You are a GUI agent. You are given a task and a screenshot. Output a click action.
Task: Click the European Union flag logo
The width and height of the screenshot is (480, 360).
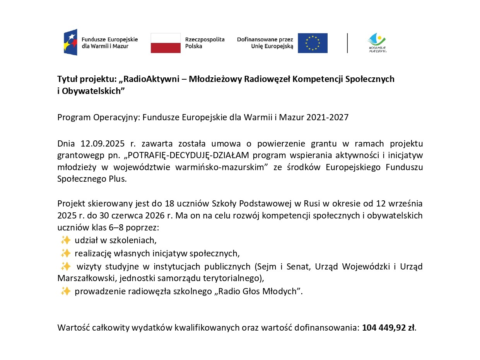pyautogui.click(x=313, y=43)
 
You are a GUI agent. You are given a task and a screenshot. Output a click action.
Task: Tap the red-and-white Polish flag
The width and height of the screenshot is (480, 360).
pyautogui.click(x=166, y=43)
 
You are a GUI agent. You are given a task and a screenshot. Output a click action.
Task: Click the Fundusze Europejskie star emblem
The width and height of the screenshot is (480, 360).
pyautogui.click(x=70, y=42)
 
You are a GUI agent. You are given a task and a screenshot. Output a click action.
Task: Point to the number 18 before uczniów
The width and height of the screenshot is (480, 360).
pyautogui.click(x=169, y=203)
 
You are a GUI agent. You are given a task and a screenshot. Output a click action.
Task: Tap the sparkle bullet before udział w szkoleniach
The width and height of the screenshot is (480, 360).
pyautogui.click(x=65, y=240)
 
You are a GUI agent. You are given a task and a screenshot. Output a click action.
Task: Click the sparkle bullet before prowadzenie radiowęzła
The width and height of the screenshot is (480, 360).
pyautogui.click(x=65, y=291)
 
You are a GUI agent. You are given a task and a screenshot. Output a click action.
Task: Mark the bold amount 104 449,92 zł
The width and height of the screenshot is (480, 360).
pyautogui.click(x=388, y=328)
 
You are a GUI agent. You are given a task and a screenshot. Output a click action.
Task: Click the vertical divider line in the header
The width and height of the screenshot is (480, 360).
pyautogui.click(x=347, y=43)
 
